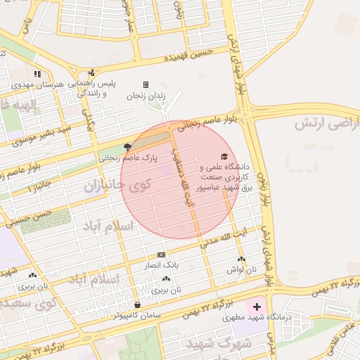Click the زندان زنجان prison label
(x=146, y=95)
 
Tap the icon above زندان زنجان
(x=146, y=84)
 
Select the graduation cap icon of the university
(x=224, y=156)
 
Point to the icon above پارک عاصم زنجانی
(x=127, y=147)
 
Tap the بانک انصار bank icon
(x=162, y=255)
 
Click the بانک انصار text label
(x=162, y=266)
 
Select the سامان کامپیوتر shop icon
(x=137, y=304)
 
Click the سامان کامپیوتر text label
(x=138, y=316)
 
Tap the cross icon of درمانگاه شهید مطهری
(x=257, y=307)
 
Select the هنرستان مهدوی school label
(x=39, y=84)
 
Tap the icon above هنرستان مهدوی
(x=38, y=73)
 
